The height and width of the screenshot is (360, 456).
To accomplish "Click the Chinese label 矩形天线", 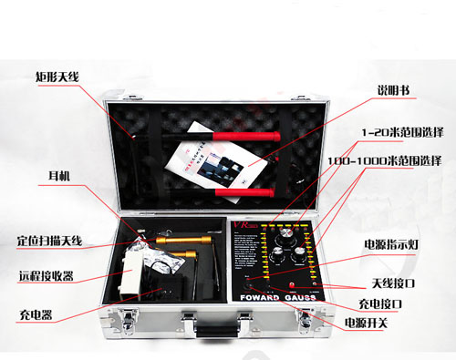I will point(57,77).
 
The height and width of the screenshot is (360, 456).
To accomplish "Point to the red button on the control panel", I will point(248,282).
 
